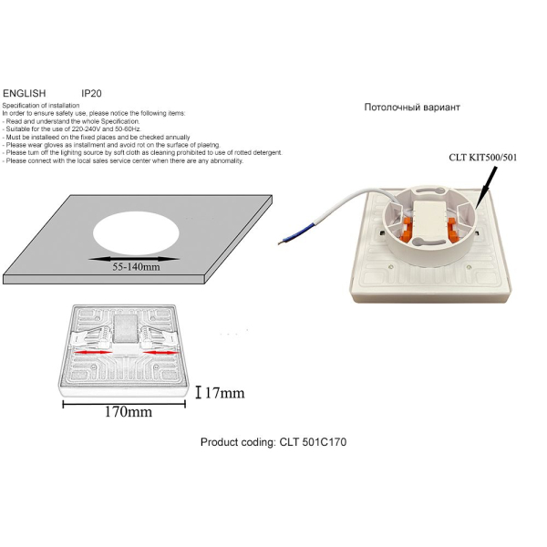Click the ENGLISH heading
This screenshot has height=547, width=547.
25,94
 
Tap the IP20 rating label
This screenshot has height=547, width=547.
91,94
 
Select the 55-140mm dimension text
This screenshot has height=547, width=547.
136,267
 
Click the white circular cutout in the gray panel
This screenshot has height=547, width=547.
136,233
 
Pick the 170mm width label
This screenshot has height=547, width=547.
129,412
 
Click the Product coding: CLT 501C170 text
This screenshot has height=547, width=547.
273,442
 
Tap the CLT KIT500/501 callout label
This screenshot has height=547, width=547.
483,158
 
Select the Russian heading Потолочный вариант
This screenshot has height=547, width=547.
412,107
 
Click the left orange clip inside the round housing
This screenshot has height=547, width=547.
407,230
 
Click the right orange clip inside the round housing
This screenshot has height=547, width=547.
452,229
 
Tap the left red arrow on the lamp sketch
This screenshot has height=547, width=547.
94,352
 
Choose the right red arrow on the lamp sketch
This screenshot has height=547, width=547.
160,353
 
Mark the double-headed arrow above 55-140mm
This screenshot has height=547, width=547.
134,259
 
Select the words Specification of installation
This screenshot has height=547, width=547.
41,106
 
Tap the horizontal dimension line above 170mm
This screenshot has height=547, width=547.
124,404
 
